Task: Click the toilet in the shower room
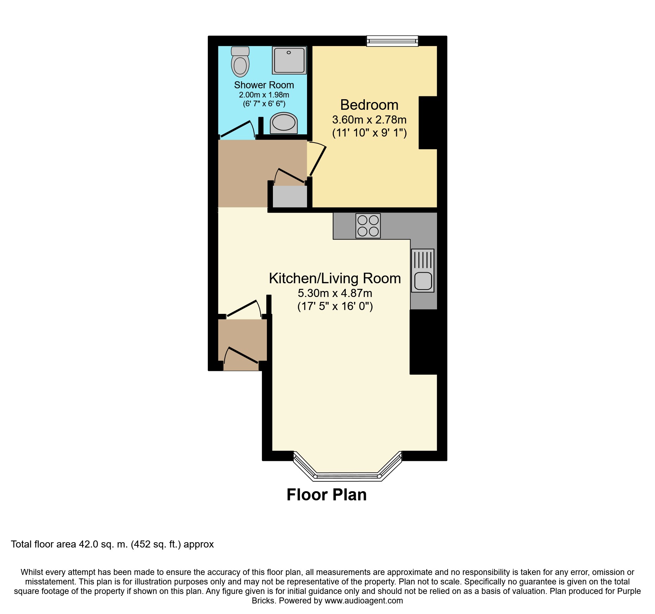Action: (x=240, y=62)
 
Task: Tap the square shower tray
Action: (x=289, y=61)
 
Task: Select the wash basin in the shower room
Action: (x=284, y=123)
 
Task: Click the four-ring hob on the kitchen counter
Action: (x=368, y=226)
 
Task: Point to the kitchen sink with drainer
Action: (x=423, y=271)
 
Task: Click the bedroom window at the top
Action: (x=392, y=41)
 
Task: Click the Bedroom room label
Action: (x=369, y=105)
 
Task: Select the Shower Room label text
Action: (x=264, y=85)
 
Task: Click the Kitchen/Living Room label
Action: (x=335, y=278)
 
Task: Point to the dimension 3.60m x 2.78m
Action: (x=369, y=120)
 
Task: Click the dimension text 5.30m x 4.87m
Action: (x=335, y=293)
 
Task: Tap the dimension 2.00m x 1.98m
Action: (x=264, y=95)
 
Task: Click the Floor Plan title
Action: (x=327, y=495)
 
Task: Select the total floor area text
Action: (x=112, y=544)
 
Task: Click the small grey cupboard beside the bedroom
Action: (x=290, y=197)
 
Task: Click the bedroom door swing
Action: (x=317, y=159)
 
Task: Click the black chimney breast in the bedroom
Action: (x=428, y=123)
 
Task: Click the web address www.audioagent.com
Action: (x=364, y=601)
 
